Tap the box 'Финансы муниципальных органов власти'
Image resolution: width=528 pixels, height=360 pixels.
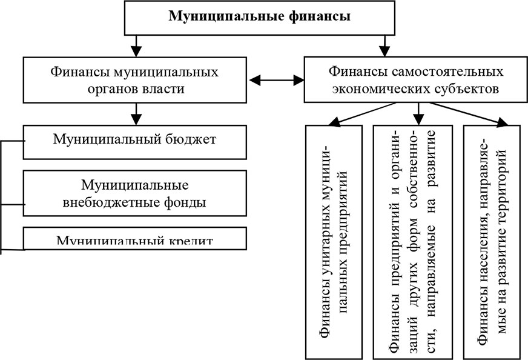pos(135,80)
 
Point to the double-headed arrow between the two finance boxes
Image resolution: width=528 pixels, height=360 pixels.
pos(277,79)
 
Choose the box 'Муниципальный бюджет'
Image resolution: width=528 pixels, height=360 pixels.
pos(135,141)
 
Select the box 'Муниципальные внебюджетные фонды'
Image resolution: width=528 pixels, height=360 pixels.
pos(135,193)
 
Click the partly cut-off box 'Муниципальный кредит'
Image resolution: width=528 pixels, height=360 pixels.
pos(135,239)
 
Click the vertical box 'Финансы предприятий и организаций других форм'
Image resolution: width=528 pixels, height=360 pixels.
pos(414,241)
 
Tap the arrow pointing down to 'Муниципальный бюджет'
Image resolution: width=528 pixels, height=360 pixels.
pos(138,113)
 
